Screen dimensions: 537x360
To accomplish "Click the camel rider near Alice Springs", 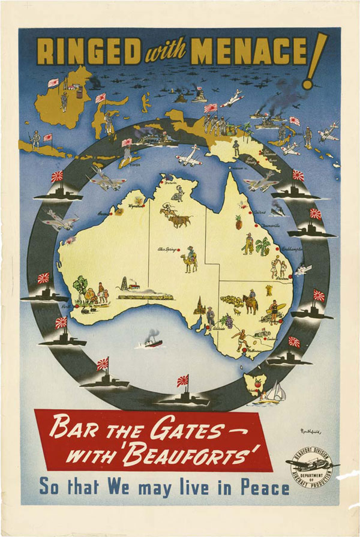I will (190, 258).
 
